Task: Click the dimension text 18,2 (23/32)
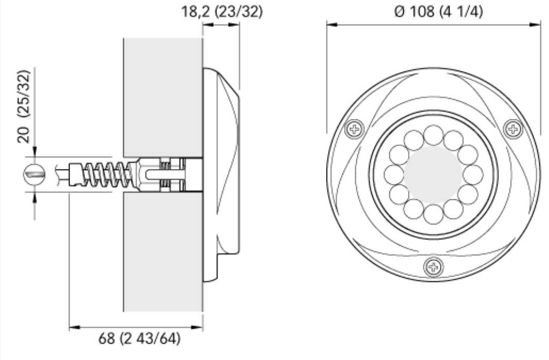(x=222, y=12)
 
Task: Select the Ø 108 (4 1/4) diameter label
(x=438, y=12)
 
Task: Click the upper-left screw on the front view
(x=354, y=129)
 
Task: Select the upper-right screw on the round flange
(x=512, y=128)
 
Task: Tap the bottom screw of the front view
(x=433, y=267)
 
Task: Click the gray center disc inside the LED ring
(x=433, y=175)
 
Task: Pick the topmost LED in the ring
(x=433, y=135)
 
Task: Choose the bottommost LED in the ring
(x=433, y=214)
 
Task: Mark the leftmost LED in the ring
(x=393, y=175)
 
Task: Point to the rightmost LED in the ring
(x=473, y=175)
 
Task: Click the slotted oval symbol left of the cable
(x=35, y=175)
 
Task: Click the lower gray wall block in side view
(x=163, y=252)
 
